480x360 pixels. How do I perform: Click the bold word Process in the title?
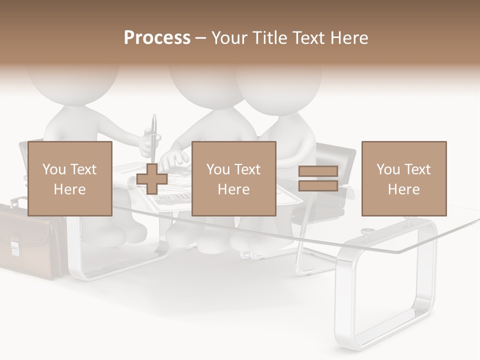pos(157,38)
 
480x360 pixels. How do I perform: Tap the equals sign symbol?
pos(318,178)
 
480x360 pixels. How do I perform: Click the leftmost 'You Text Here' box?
pos(70,178)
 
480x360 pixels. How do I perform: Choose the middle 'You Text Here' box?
pos(234,178)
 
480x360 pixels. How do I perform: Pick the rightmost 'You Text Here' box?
pos(404,178)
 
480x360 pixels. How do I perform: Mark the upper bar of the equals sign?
pos(318,171)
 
